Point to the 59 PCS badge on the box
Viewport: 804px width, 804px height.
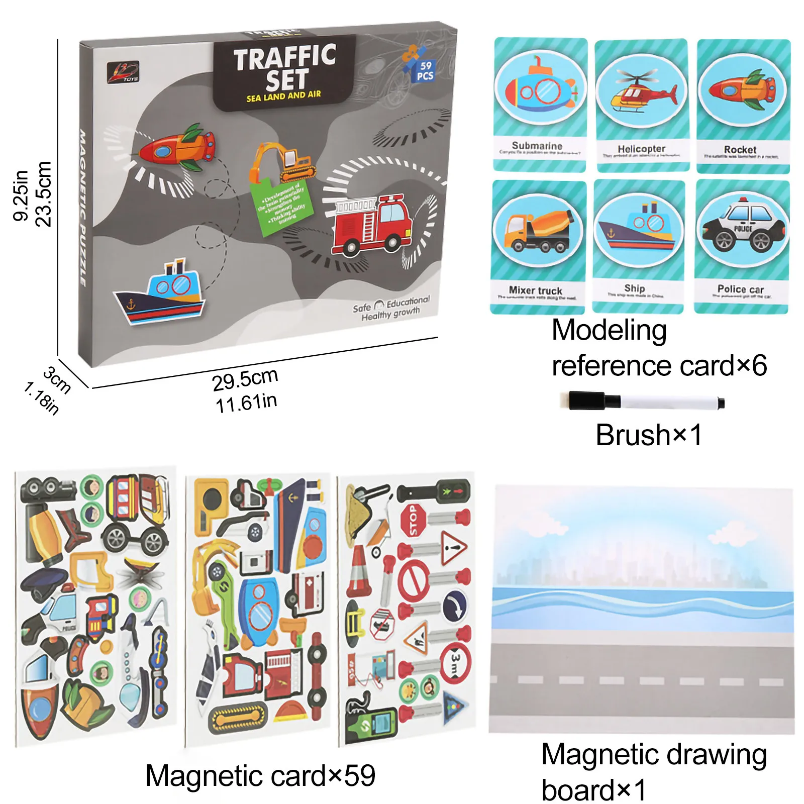pyautogui.click(x=425, y=70)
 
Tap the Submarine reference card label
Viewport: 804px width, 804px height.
pyautogui.click(x=537, y=146)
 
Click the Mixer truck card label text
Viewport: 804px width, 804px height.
pyautogui.click(x=535, y=290)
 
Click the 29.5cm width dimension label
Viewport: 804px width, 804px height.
pyautogui.click(x=245, y=379)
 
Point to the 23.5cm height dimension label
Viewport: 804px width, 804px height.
pyautogui.click(x=44, y=194)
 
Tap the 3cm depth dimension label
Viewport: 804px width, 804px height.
pyautogui.click(x=56, y=380)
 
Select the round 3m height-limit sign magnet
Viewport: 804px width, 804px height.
pyautogui.click(x=455, y=663)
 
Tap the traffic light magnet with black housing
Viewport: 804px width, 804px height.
pyautogui.click(x=435, y=491)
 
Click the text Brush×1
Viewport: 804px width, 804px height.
pyautogui.click(x=648, y=435)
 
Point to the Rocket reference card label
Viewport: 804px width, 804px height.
pyautogui.click(x=740, y=150)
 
